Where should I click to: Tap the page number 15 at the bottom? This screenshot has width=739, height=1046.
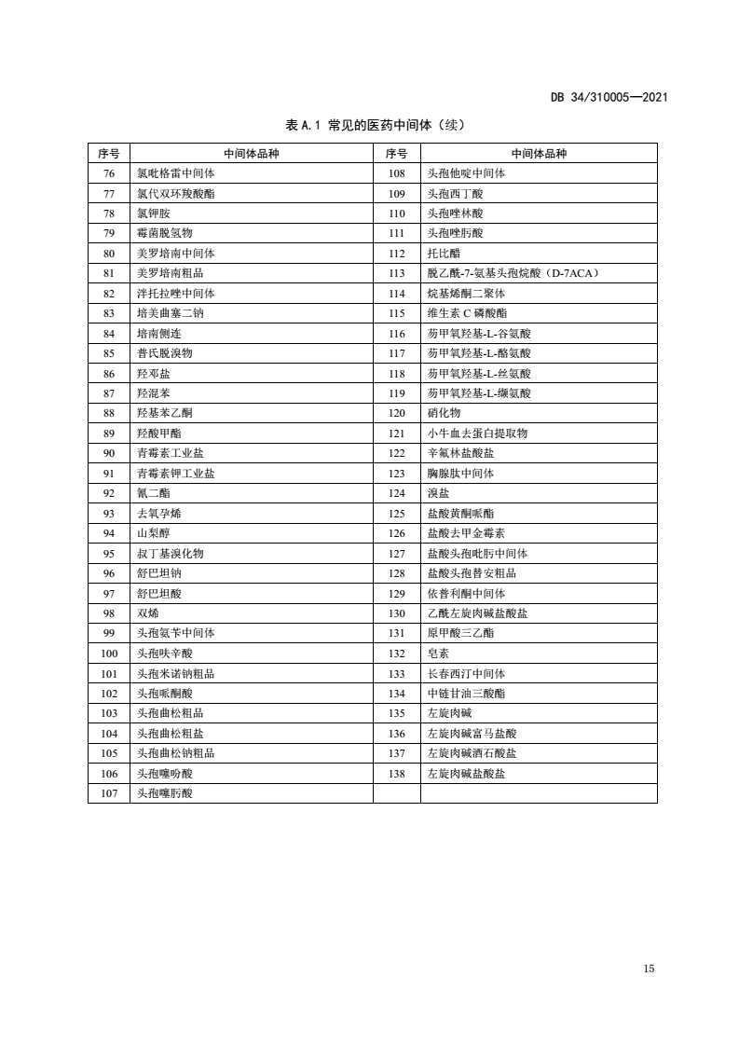[649, 969]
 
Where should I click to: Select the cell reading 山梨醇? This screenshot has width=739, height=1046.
[153, 533]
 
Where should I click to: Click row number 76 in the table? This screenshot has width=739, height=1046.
[108, 173]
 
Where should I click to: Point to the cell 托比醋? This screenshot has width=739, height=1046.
[444, 254]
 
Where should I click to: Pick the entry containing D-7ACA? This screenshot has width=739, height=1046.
[513, 273]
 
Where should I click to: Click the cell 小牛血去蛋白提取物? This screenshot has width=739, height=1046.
[477, 434]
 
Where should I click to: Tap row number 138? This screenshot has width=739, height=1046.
[397, 774]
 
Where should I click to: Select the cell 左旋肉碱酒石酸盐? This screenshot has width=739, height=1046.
[472, 753]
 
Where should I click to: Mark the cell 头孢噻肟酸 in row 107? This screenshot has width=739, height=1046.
[164, 793]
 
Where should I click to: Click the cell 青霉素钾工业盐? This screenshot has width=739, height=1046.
[175, 474]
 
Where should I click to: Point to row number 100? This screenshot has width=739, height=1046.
[108, 654]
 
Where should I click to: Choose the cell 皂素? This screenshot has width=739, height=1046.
[438, 654]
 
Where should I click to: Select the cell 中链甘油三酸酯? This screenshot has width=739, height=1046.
[466, 694]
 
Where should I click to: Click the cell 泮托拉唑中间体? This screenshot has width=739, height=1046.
[175, 294]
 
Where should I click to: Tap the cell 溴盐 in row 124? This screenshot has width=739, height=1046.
[438, 493]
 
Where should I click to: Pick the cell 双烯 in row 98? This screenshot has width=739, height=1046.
[147, 613]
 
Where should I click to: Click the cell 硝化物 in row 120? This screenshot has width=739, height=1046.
[444, 413]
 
